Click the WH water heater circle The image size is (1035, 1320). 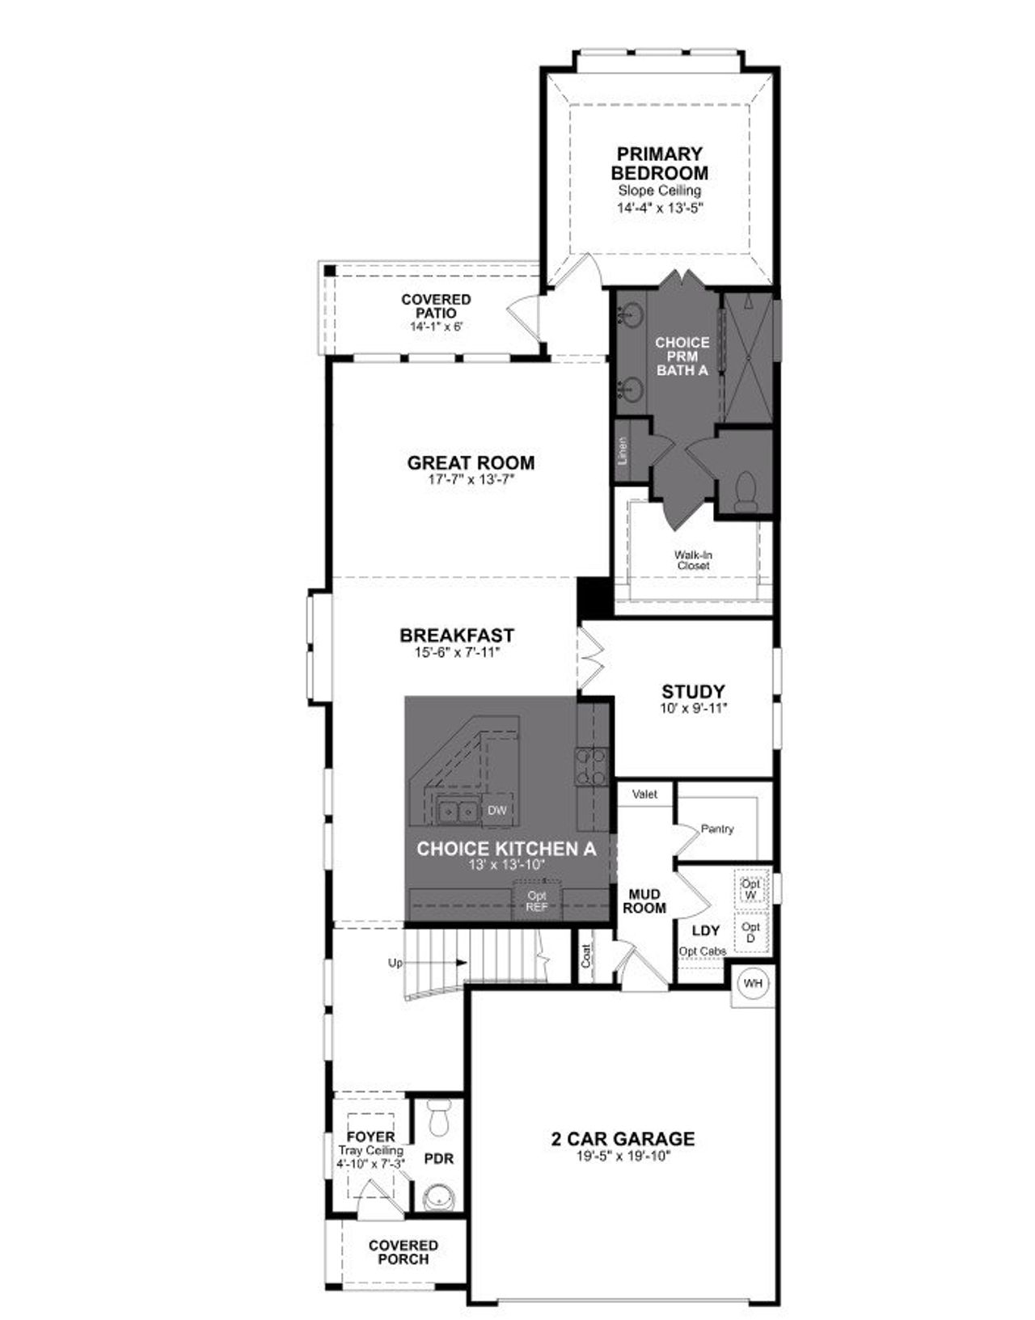(x=753, y=984)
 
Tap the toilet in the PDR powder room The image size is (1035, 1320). (x=440, y=1121)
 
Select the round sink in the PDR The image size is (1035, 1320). (x=440, y=1196)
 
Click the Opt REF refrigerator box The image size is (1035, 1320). (x=537, y=900)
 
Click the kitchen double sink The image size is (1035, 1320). (x=457, y=811)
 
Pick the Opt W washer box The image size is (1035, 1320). (x=750, y=889)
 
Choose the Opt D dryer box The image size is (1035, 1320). (x=750, y=932)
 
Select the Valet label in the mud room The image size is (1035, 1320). (x=644, y=795)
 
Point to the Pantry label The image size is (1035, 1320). (x=717, y=829)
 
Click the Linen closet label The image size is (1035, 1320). (x=623, y=450)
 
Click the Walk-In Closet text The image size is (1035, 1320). (x=693, y=560)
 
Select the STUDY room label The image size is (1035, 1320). (x=693, y=692)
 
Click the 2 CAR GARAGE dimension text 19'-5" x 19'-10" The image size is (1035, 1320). (x=623, y=1156)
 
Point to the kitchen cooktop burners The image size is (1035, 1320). (x=590, y=766)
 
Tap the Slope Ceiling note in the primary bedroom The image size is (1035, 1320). (x=659, y=191)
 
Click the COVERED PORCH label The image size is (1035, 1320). (x=403, y=1252)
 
